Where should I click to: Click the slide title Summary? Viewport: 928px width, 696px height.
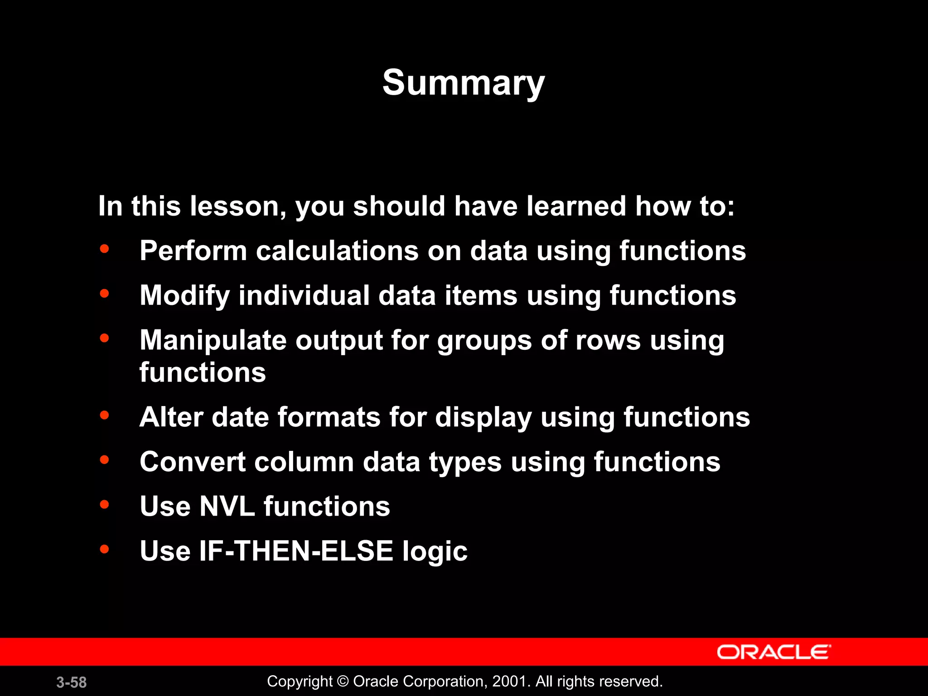coord(463,83)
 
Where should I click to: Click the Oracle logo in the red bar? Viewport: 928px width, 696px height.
coord(773,652)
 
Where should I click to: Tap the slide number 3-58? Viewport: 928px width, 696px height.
coord(72,682)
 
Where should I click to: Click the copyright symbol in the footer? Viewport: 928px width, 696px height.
coord(343,681)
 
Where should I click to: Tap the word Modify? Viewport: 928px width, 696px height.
coord(184,296)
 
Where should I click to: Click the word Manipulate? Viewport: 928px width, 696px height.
coord(213,340)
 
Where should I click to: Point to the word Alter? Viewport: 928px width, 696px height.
coord(171,417)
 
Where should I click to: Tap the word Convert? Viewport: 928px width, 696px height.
coord(192,462)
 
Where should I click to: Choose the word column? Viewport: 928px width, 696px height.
coord(304,462)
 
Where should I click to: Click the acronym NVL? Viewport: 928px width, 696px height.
coord(227,506)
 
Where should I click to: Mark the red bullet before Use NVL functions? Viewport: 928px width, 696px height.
coord(105,504)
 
